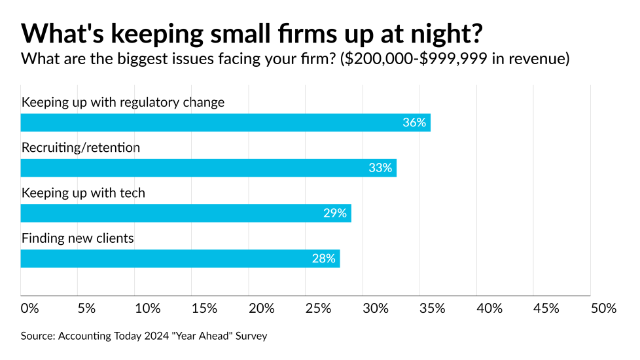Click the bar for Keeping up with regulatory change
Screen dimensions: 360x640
tap(225, 122)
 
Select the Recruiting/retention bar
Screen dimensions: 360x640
tap(208, 168)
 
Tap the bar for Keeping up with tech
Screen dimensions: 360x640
tap(186, 213)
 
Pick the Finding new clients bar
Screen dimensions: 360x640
tap(180, 259)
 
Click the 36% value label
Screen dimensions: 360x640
tap(414, 122)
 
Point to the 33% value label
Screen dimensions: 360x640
tap(380, 168)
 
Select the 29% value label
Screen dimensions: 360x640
tap(334, 213)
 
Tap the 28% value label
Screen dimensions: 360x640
tap(323, 259)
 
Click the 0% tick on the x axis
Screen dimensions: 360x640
tap(30, 308)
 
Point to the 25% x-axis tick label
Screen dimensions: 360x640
tap(318, 308)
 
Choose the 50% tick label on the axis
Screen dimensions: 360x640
tap(603, 308)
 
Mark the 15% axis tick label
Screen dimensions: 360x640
tap(204, 308)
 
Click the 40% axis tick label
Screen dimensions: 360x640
tap(489, 308)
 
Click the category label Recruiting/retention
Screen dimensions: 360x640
tap(81, 148)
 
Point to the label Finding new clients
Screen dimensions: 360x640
tap(78, 238)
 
